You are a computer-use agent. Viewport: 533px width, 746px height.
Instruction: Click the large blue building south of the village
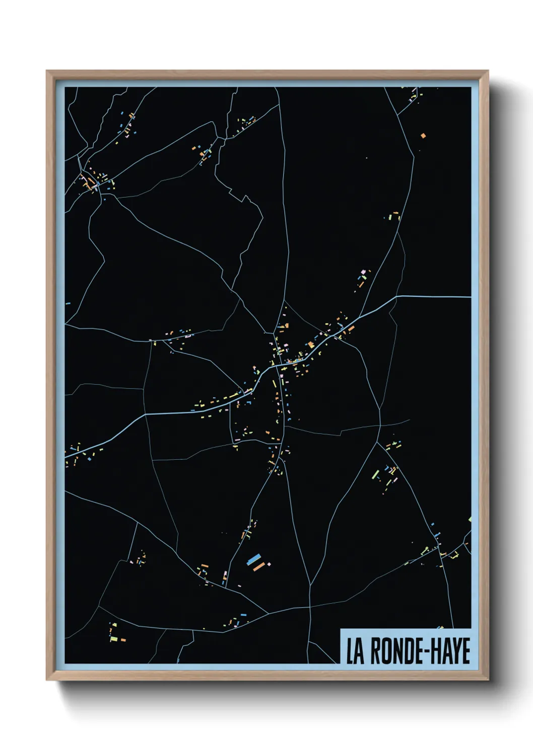click(254, 559)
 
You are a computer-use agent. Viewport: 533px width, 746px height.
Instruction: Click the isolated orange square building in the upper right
click(423, 135)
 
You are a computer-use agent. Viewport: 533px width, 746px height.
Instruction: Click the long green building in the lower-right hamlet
click(375, 474)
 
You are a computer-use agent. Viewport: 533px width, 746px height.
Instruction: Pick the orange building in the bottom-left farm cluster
click(123, 640)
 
